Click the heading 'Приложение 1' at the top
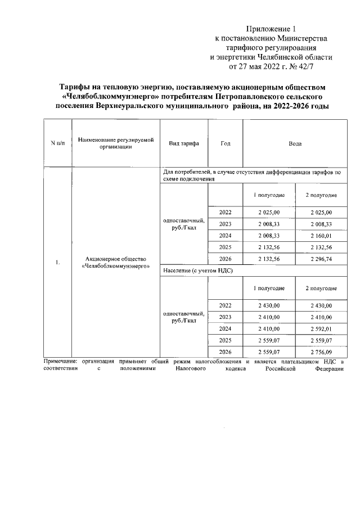coord(271,29)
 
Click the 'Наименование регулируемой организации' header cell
coord(116,143)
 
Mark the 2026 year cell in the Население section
coord(226,352)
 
